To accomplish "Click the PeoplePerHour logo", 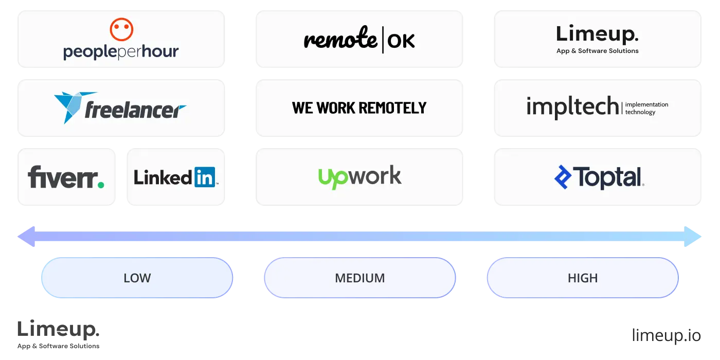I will point(121,40).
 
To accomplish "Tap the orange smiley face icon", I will point(121,29).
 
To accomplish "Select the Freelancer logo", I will point(120,108).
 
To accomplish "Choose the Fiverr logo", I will point(66,177).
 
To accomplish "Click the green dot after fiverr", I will point(101,184).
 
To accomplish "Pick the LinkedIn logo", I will point(175,177).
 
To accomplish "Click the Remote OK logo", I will point(359,40).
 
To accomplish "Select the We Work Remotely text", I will point(359,107).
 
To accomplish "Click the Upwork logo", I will point(359,177).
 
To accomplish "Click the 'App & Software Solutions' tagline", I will point(598,51).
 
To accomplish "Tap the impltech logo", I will point(598,107).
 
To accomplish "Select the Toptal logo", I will point(599,177).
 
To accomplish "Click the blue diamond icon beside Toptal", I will point(563,177).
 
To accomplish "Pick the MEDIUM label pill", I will point(359,278).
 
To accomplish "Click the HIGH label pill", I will point(583,278).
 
